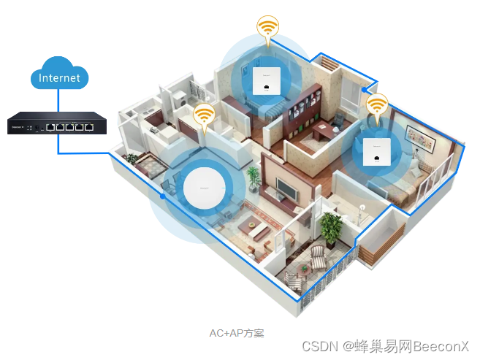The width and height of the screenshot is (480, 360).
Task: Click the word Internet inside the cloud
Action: [x=59, y=77]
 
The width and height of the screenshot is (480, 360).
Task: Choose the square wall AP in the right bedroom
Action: [x=376, y=150]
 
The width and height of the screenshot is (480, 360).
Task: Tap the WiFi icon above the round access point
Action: [x=203, y=115]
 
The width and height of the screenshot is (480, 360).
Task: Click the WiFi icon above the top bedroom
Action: [x=268, y=28]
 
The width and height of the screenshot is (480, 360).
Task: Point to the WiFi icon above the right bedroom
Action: [x=377, y=106]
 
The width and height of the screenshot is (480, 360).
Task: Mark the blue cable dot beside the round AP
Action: [x=162, y=196]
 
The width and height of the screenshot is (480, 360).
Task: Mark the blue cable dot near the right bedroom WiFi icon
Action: [x=364, y=91]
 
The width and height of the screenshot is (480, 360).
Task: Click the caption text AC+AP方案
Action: [x=236, y=332]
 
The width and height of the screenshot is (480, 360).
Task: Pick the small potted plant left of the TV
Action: [x=254, y=177]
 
